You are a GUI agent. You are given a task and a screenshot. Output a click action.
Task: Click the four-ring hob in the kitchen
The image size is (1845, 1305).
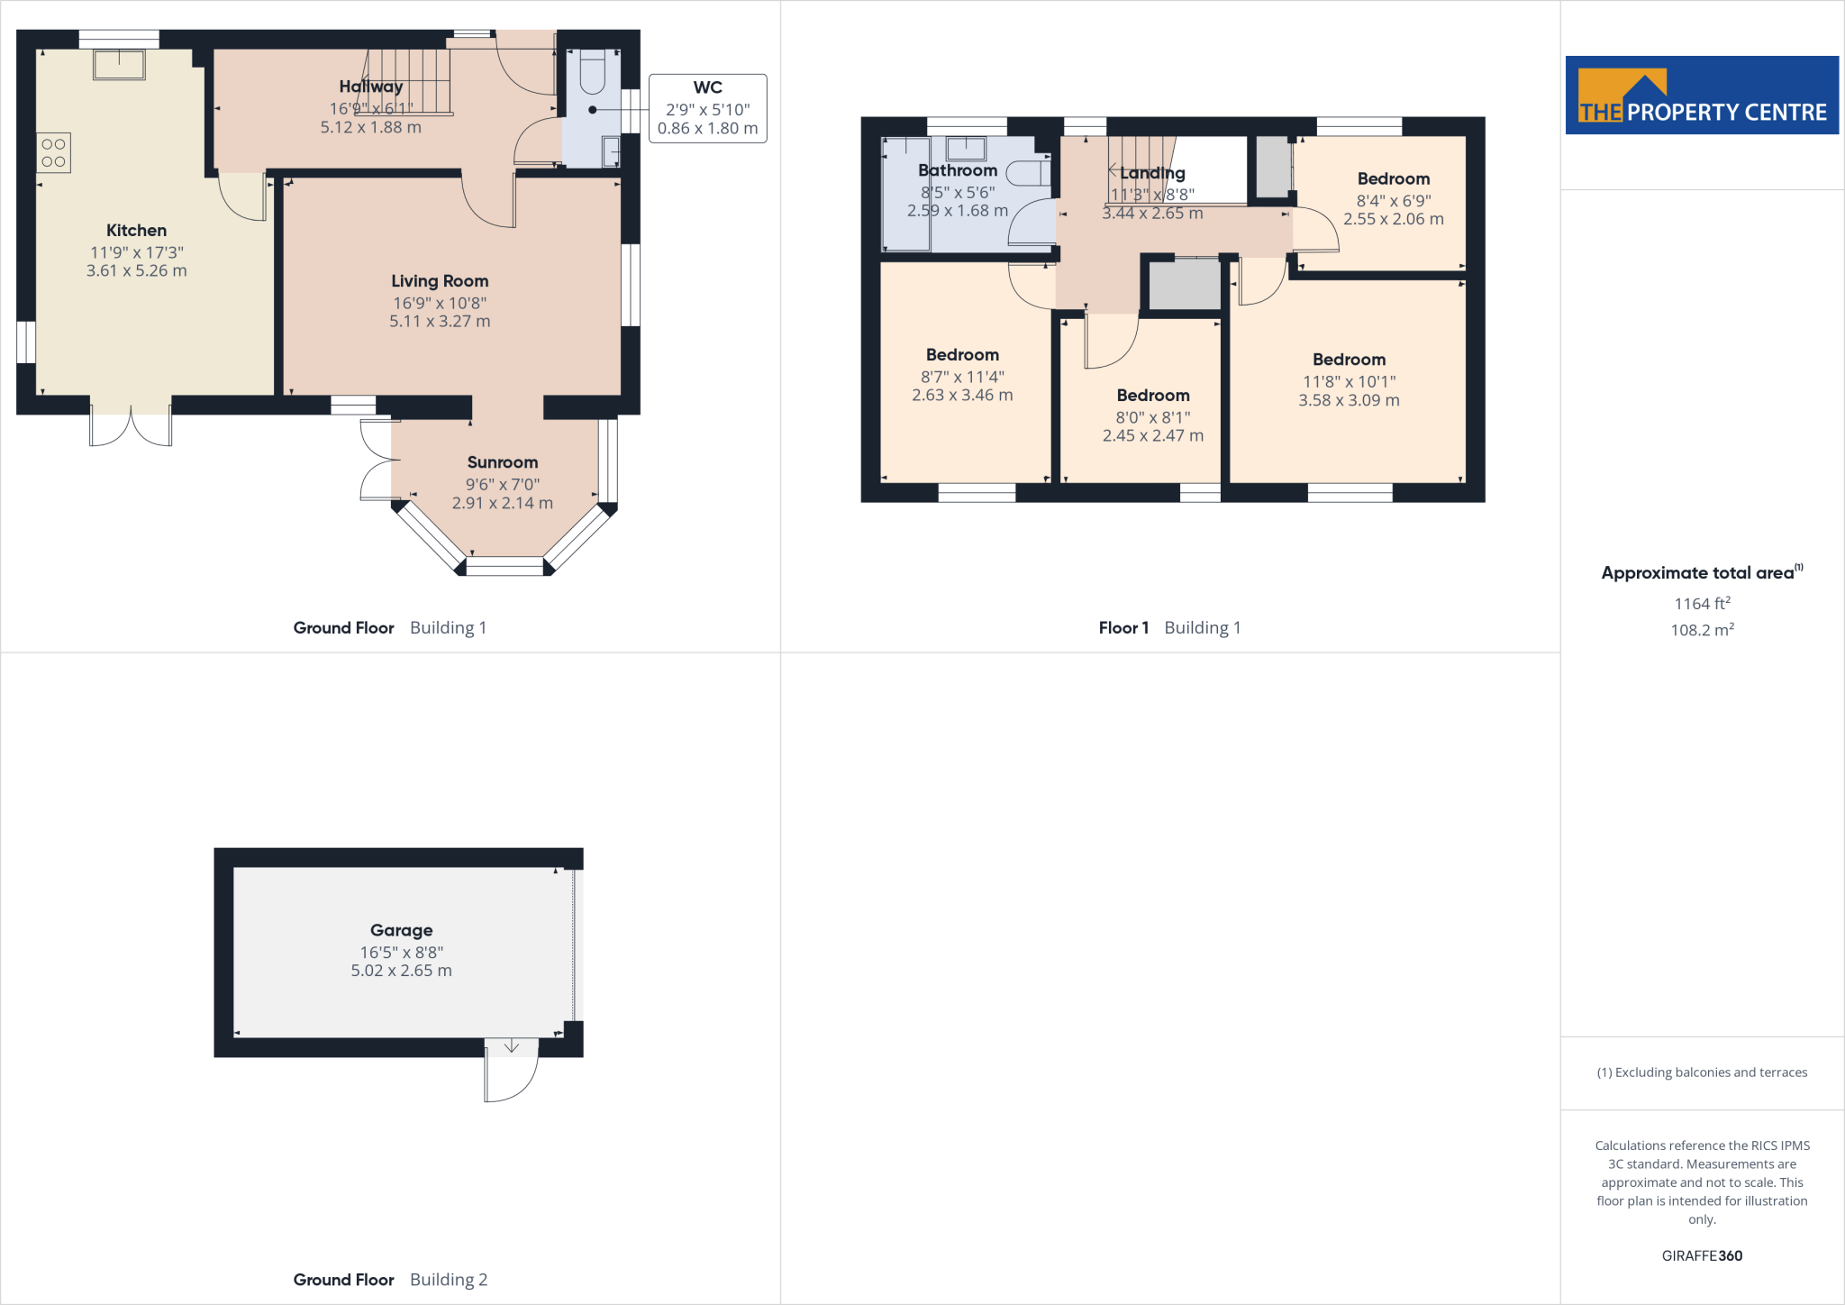tap(53, 152)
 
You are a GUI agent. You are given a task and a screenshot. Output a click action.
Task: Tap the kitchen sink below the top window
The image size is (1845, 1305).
tap(119, 65)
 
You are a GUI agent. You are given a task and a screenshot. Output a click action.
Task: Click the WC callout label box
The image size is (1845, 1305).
tap(707, 108)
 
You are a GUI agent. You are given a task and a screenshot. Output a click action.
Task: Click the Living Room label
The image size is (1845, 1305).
tap(440, 281)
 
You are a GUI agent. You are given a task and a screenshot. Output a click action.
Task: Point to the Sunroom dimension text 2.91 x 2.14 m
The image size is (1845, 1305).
tap(502, 503)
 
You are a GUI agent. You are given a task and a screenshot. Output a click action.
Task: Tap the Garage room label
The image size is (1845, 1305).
tap(401, 930)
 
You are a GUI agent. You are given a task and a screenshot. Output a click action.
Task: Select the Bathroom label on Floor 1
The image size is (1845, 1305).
tap(957, 170)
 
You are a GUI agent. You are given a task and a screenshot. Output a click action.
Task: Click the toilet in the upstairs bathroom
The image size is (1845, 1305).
tap(1027, 172)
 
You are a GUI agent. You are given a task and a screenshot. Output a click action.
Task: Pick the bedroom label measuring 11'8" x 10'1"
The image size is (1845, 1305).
tap(1349, 360)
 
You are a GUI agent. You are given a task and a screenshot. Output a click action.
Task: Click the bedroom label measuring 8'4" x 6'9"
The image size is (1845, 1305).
tap(1393, 178)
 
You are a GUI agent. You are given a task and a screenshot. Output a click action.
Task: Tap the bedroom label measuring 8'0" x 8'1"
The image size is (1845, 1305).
tap(1152, 396)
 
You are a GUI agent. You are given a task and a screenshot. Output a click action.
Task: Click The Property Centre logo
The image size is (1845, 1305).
tap(1701, 96)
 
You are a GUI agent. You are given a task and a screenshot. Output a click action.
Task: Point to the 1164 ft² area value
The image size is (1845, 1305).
tap(1701, 604)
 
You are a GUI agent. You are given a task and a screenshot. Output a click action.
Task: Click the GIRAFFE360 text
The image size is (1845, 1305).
tap(1701, 1255)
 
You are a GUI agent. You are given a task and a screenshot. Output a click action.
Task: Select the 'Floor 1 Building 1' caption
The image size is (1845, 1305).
tap(1169, 627)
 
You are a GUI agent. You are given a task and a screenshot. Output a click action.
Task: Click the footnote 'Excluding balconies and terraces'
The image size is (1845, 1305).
tap(1701, 1072)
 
